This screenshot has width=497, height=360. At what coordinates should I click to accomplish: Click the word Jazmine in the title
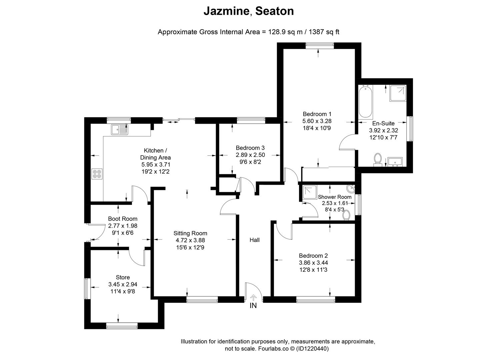pos(226,11)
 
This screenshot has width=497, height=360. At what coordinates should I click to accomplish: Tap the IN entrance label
pos(253,306)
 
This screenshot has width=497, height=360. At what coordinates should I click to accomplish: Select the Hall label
pos(255,240)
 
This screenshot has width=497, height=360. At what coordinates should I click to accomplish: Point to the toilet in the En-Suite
pos(378,159)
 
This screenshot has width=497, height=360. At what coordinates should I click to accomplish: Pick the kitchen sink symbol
pos(120,130)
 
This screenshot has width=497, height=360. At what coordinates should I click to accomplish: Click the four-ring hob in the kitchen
pos(97,174)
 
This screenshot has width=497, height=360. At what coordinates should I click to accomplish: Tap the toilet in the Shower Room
pos(347,215)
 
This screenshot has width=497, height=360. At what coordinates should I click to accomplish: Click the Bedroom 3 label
pos(250,148)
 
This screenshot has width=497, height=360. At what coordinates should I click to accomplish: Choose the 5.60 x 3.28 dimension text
pos(317,121)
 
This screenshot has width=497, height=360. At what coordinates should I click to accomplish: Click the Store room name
pos(123,277)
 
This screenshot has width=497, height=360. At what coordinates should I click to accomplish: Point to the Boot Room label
pos(123,219)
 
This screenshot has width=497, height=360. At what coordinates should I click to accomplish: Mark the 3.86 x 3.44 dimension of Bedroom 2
pos(313,263)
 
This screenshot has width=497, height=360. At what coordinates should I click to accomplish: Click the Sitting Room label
pos(190,233)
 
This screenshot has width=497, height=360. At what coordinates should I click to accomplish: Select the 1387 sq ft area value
pos(324,32)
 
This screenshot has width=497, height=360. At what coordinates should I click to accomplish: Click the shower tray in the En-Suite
pos(397,93)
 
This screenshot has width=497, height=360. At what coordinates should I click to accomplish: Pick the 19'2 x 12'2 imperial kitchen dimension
pos(156,171)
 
